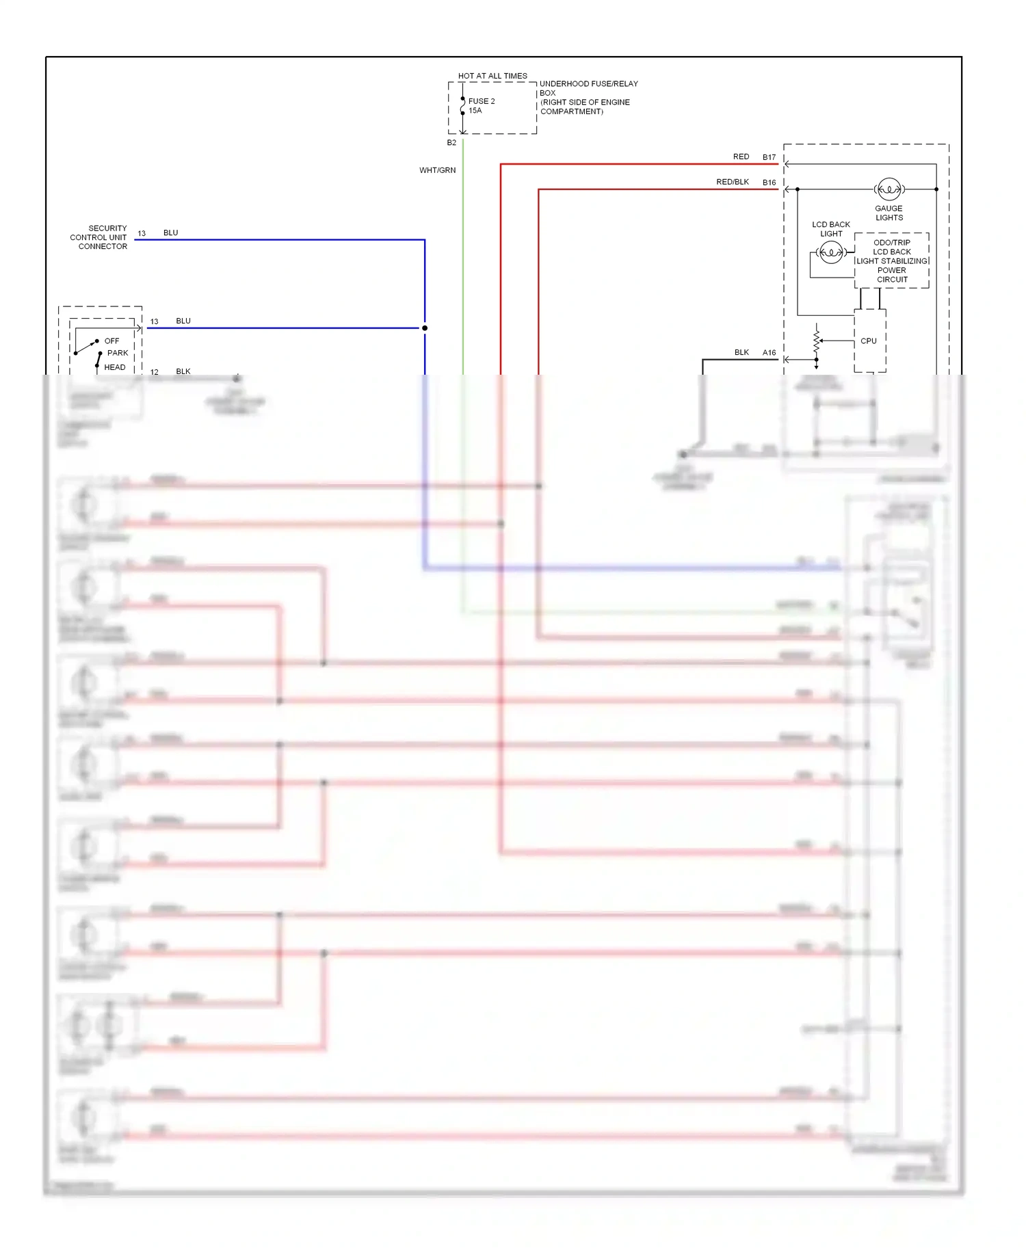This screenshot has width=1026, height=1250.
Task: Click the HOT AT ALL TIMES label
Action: coord(492,76)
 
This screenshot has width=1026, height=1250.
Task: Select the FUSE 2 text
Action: coord(482,101)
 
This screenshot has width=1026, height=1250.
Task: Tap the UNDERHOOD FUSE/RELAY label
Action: coord(588,84)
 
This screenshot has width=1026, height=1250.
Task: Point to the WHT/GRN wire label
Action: coord(437,170)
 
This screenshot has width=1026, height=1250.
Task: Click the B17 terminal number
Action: coord(770,157)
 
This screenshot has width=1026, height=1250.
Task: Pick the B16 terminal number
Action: coord(770,183)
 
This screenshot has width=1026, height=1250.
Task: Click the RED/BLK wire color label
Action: coord(733,182)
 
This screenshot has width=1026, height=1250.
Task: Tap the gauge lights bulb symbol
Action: coord(889,189)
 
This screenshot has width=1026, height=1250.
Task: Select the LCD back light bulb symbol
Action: coord(831,253)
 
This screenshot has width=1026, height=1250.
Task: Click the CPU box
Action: coord(869,341)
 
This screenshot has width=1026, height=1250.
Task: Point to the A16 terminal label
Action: coord(770,353)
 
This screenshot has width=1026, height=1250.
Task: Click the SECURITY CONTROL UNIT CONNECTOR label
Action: coord(100,237)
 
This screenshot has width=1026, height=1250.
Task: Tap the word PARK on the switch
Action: coord(118,353)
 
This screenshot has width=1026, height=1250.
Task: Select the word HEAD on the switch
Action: coord(115,367)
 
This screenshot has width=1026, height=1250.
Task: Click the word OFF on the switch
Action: coord(111,341)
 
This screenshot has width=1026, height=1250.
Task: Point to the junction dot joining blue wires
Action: coord(425,328)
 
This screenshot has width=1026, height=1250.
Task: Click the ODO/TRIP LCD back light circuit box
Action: coord(892,261)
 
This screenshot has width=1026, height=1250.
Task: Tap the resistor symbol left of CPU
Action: coord(816,341)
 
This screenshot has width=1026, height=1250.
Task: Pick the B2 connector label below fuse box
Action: coord(451,143)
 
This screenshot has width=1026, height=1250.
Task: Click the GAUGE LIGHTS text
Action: coord(889,213)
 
